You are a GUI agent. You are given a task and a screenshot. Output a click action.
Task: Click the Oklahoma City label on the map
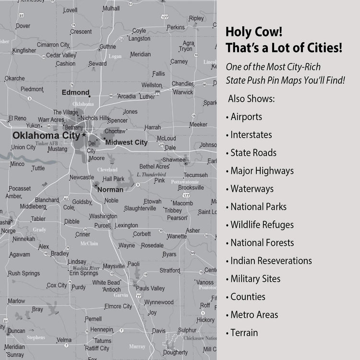pos(46,135)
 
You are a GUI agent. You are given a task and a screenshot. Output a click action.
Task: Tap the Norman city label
pos(110,190)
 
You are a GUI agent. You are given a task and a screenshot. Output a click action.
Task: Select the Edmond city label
pos(75,92)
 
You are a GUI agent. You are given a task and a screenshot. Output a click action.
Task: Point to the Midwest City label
pos(126,143)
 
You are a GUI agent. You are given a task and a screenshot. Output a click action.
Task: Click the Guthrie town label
pos(108,47)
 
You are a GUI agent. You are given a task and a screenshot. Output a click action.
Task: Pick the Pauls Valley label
pos(150,288)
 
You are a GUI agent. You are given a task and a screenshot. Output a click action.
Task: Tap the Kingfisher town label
pos(24,50)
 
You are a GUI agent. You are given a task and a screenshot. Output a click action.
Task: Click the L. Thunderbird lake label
pos(151,174)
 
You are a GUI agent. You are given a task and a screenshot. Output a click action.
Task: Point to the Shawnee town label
pos(173,160)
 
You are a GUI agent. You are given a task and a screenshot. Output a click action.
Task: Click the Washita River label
pos(86,268)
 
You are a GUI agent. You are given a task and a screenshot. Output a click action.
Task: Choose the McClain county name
pos(89,243)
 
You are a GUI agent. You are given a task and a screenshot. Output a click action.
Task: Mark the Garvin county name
pos(121,295)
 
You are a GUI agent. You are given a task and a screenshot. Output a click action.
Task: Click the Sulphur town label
pos(187,330)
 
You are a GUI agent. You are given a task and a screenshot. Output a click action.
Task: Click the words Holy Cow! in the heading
pos(254,33)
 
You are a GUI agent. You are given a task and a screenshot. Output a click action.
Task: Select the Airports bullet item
pos(246,117)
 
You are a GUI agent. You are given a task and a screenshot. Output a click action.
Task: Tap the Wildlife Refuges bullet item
pos(262,225)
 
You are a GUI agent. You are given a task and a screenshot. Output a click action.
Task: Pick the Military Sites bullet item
pos(255,279)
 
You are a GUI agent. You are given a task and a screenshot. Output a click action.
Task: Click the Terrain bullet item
pos(244,333)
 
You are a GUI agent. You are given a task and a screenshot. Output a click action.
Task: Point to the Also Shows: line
pos(252,99)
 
